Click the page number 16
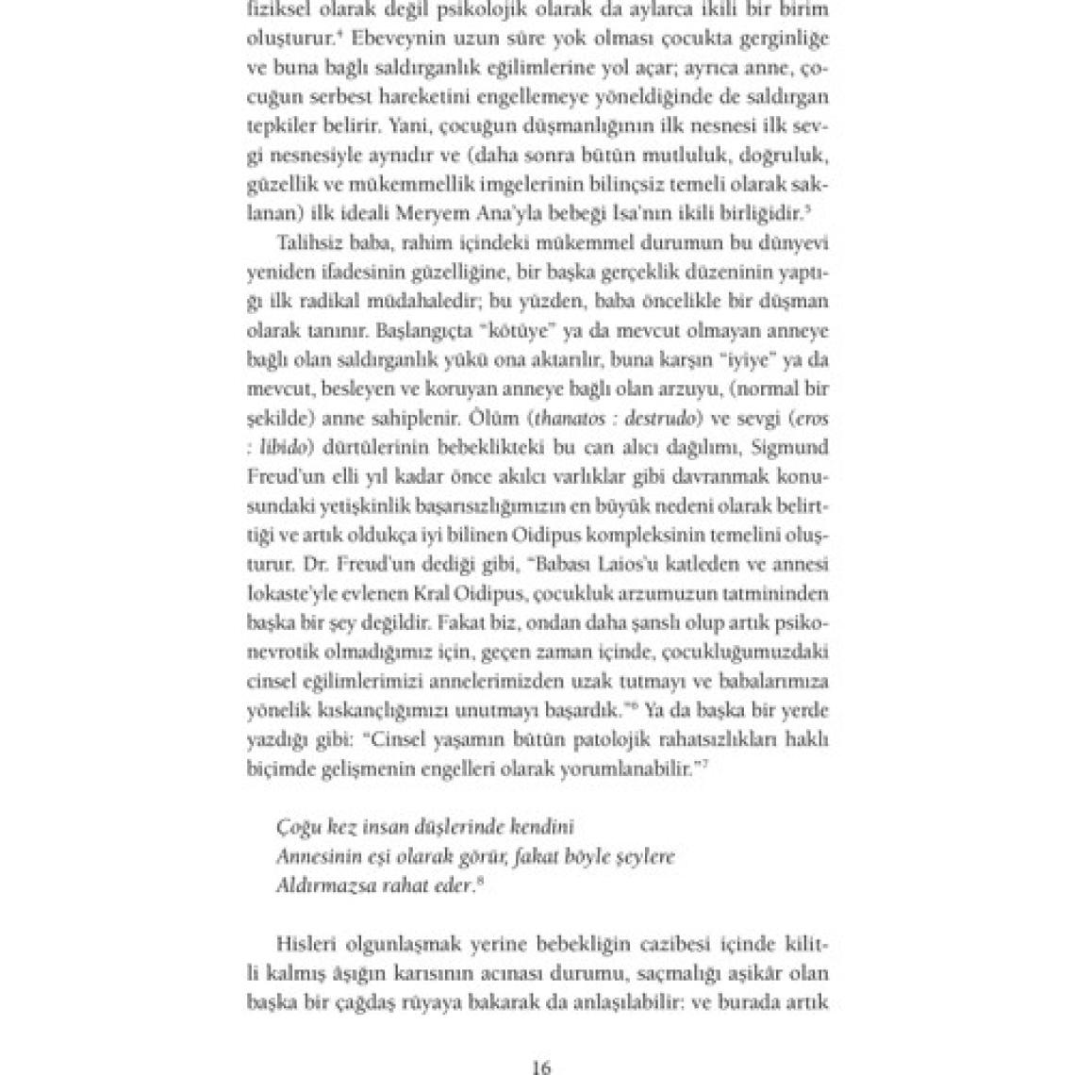540,1067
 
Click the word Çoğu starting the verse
298,828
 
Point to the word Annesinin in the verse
313,856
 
